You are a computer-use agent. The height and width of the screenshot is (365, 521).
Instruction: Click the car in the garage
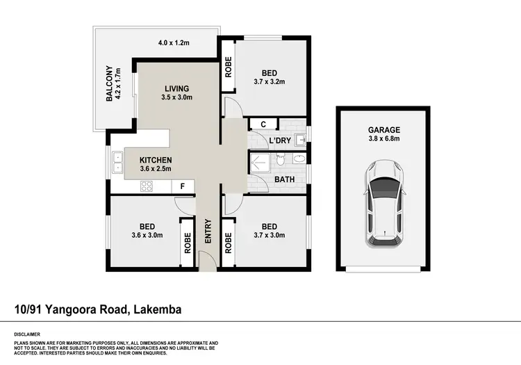pyautogui.click(x=383, y=202)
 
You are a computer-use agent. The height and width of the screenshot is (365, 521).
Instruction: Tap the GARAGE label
pyautogui.click(x=383, y=129)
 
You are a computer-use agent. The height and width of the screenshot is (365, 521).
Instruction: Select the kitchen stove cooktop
pyautogui.click(x=147, y=186)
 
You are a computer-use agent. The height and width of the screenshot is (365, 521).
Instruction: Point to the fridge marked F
pyautogui.click(x=182, y=186)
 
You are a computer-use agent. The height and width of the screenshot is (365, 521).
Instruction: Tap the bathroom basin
pyautogui.click(x=300, y=159)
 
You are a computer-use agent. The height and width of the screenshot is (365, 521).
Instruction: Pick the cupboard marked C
pyautogui.click(x=263, y=124)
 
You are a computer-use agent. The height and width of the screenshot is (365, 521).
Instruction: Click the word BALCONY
pyautogui.click(x=109, y=83)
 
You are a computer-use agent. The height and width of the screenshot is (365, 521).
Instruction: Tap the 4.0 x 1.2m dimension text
pyautogui.click(x=174, y=43)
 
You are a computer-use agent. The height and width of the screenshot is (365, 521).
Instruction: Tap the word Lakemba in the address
pyautogui.click(x=156, y=310)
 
